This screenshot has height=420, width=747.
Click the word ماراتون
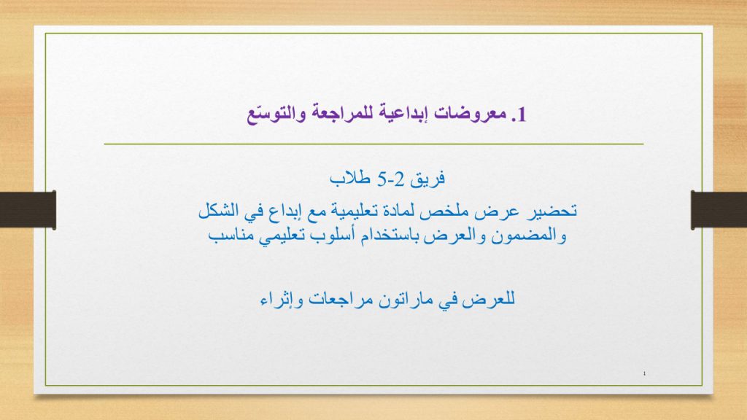[x=398, y=298]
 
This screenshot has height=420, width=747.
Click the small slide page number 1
[x=647, y=375]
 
